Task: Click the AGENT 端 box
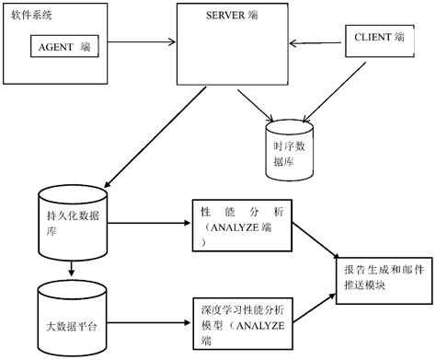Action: (64, 44)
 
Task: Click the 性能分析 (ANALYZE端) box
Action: (242, 225)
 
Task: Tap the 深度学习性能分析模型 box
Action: (242, 313)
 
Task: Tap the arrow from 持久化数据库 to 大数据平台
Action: (71, 269)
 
